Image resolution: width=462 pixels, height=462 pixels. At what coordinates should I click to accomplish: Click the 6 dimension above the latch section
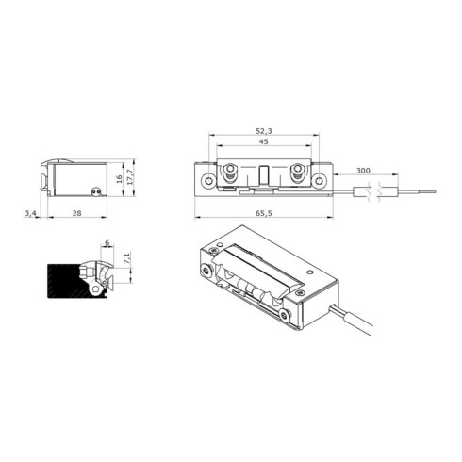tap(107, 243)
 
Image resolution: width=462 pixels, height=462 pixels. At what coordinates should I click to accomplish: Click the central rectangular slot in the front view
tap(264, 176)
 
